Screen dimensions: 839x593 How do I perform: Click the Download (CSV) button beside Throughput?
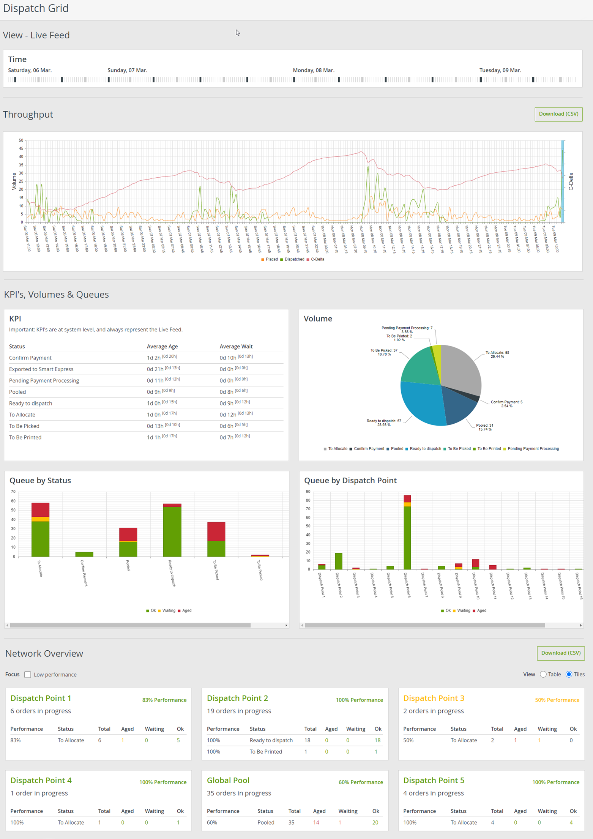tap(558, 114)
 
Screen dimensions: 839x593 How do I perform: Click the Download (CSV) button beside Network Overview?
tap(560, 653)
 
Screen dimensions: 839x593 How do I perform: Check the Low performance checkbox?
tap(28, 675)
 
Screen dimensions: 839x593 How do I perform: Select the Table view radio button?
tap(543, 674)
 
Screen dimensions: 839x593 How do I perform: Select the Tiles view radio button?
tap(569, 674)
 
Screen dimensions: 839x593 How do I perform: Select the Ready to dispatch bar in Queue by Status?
tap(172, 531)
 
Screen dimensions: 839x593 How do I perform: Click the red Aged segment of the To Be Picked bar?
tap(216, 531)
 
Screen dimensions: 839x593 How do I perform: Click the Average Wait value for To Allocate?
tap(228, 415)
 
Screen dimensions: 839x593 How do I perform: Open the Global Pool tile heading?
tap(228, 780)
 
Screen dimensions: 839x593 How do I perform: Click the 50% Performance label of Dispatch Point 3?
tap(557, 700)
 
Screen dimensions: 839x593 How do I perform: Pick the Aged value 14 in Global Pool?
tap(316, 822)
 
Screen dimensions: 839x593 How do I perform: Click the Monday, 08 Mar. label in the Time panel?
tap(313, 70)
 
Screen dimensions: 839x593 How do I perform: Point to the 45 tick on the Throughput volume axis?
tap(21, 148)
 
